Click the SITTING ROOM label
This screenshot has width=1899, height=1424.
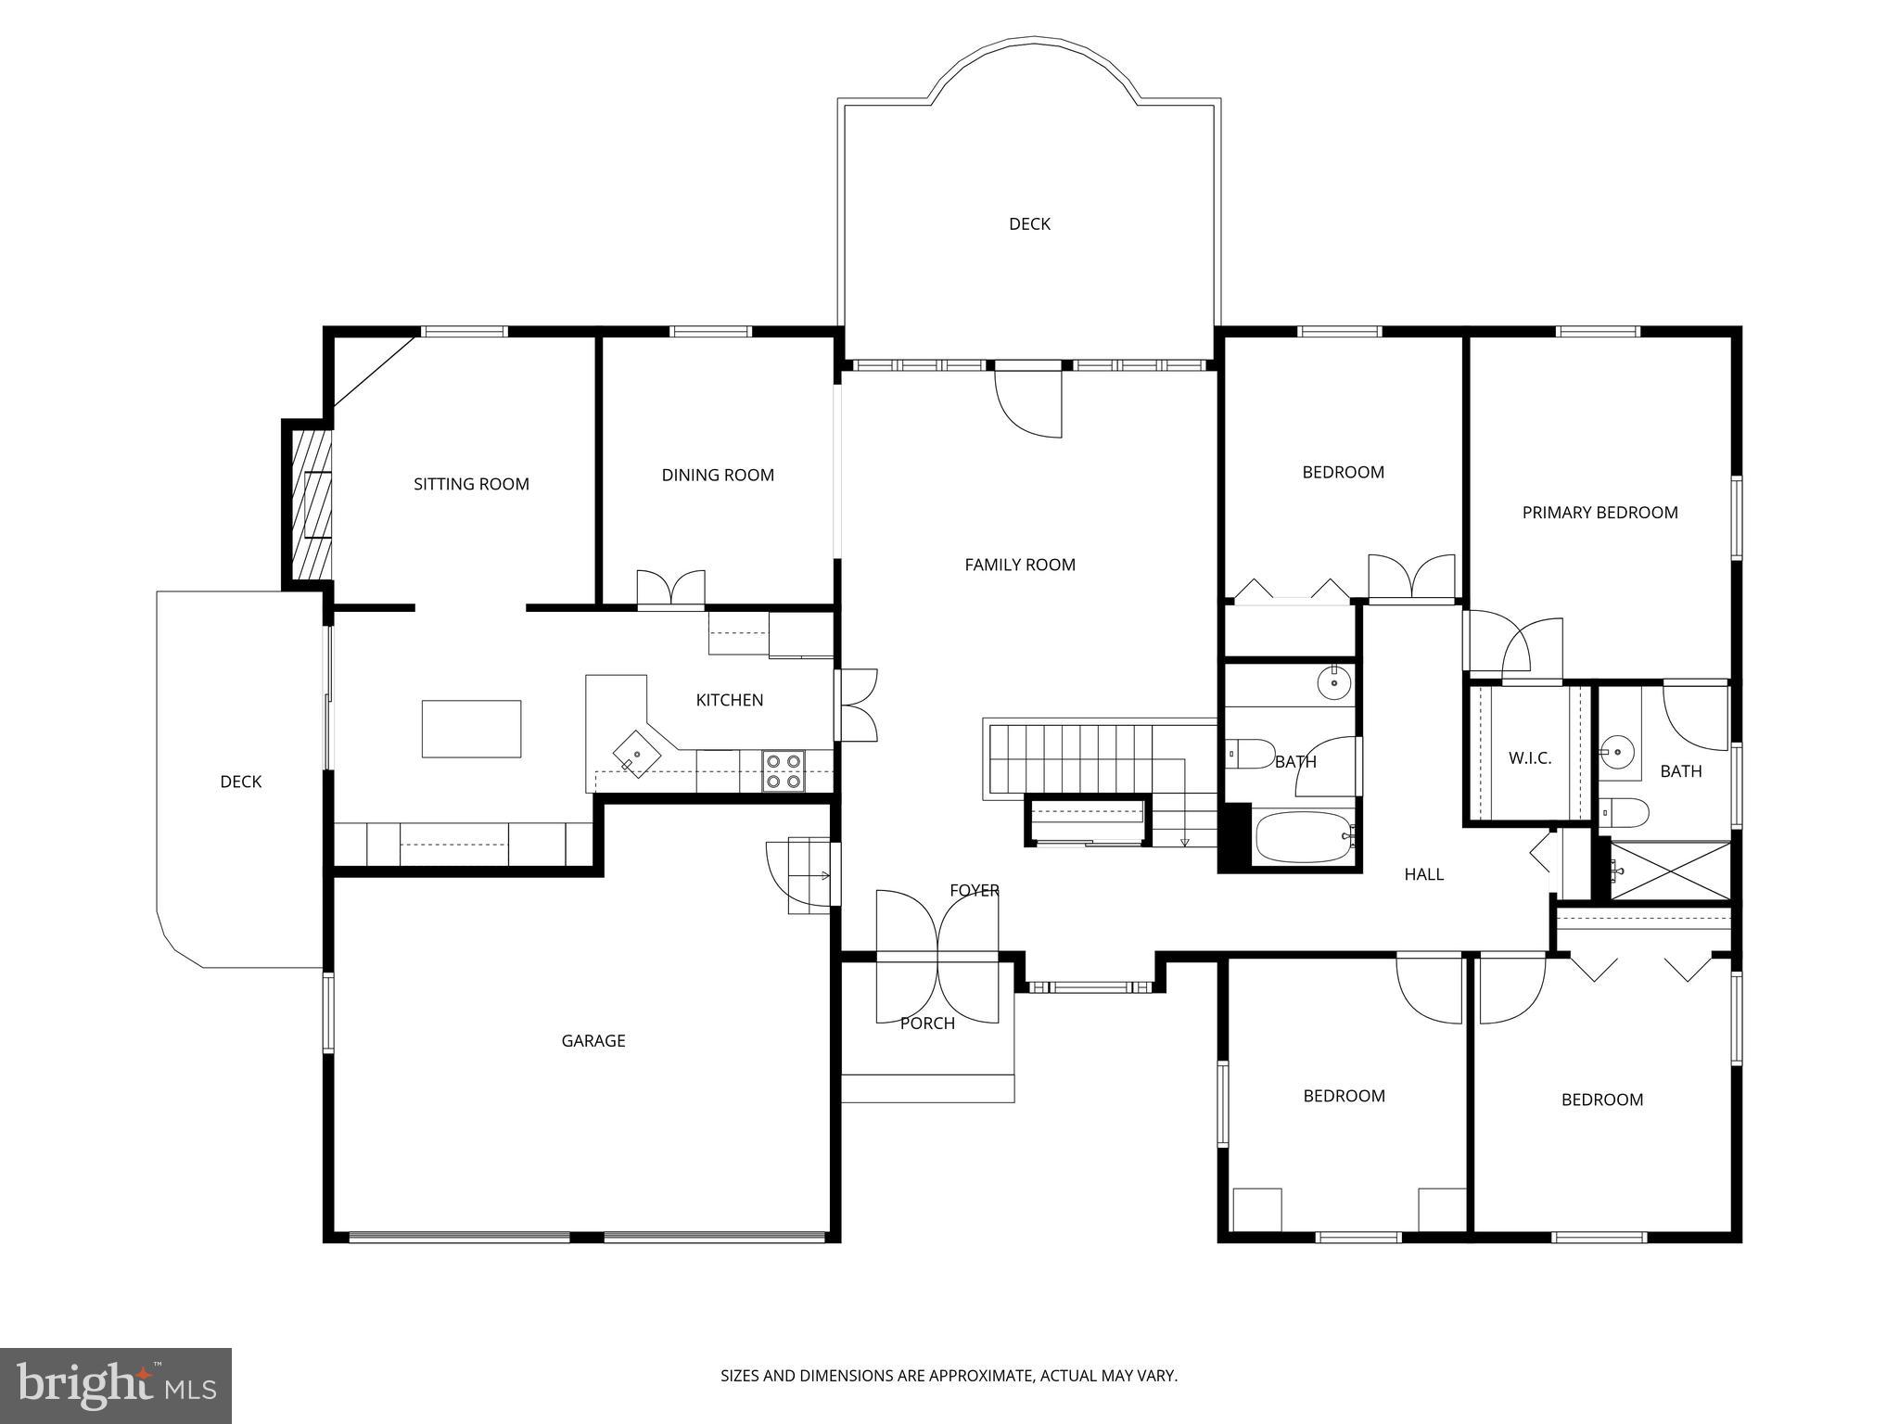(471, 484)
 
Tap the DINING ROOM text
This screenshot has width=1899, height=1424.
(718, 476)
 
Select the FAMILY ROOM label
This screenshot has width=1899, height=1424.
(1020, 565)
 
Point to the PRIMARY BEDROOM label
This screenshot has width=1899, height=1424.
(1599, 513)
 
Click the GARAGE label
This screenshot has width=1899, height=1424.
(593, 1041)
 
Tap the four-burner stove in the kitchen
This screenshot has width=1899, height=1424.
(783, 771)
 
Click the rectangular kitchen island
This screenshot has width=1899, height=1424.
(471, 729)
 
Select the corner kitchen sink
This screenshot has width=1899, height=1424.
(637, 752)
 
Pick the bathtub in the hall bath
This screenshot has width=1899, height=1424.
(1303, 838)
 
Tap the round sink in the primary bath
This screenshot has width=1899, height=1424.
(1618, 752)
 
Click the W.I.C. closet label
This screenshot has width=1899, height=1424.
(1530, 758)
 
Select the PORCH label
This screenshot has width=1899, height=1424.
(927, 1023)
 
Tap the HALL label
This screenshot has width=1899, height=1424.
(1423, 874)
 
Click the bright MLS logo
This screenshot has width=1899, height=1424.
(116, 1385)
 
